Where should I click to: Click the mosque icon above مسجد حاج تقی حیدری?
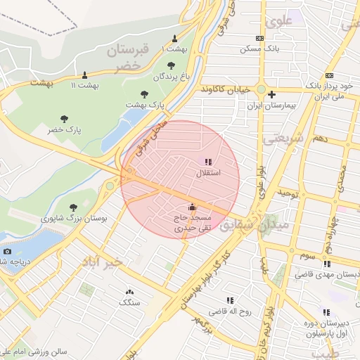(x=192, y=207)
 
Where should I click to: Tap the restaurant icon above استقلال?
(x=207, y=162)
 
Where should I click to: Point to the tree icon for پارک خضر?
(x=65, y=120)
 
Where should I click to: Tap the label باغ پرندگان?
(x=160, y=75)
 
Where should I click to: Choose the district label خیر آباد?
(x=101, y=261)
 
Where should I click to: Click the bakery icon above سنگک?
(x=129, y=291)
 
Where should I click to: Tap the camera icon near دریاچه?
(x=7, y=251)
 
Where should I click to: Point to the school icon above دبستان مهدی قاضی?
(x=326, y=264)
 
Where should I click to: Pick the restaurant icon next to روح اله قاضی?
(x=231, y=300)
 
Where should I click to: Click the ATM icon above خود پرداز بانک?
(x=329, y=76)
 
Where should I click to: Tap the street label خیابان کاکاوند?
(x=225, y=90)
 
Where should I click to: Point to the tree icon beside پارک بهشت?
(x=144, y=94)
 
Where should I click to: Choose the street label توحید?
(x=288, y=192)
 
